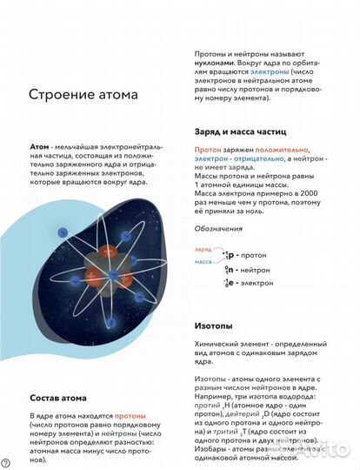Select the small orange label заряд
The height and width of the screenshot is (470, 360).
click(203, 248)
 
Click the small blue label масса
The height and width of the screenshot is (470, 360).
click(204, 261)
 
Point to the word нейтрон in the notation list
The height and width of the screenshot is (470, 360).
click(259, 269)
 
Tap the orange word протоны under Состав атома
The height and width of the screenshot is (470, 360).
click(130, 417)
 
